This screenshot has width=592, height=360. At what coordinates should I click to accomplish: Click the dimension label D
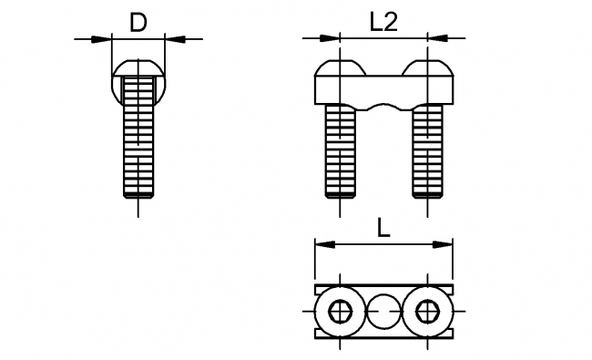pyautogui.click(x=138, y=23)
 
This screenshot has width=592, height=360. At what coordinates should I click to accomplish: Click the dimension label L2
pyautogui.click(x=383, y=24)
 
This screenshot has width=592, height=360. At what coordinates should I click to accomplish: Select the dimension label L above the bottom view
pyautogui.click(x=384, y=230)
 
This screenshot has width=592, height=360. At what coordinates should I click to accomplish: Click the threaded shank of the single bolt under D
pyautogui.click(x=138, y=137)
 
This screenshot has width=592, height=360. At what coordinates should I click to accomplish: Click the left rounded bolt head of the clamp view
pyautogui.click(x=340, y=70)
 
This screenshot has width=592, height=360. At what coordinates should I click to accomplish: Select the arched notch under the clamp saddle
pyautogui.click(x=383, y=108)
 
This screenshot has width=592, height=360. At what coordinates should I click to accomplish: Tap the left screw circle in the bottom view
pyautogui.click(x=341, y=312)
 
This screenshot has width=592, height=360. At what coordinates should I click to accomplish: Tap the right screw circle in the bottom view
pyautogui.click(x=426, y=312)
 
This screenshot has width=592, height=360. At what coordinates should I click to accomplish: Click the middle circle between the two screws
pyautogui.click(x=383, y=312)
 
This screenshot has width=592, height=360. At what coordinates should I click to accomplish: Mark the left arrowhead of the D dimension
pyautogui.click(x=103, y=38)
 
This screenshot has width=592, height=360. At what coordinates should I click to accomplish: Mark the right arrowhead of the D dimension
pyautogui.click(x=173, y=38)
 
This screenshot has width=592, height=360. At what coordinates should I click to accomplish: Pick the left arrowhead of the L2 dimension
pyautogui.click(x=332, y=38)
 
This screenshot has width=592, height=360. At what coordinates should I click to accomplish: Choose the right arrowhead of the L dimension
pyautogui.click(x=445, y=244)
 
